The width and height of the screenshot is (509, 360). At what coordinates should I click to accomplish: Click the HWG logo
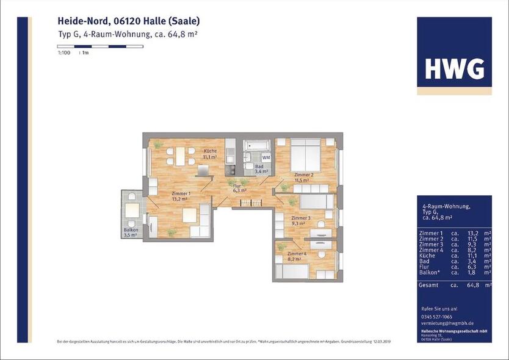454,69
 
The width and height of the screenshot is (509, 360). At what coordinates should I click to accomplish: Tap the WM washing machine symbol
266,157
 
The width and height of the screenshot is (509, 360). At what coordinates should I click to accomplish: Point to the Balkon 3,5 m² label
131,232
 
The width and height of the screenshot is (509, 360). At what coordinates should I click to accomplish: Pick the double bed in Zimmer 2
305,156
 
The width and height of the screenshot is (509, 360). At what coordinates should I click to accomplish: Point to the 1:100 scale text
63,54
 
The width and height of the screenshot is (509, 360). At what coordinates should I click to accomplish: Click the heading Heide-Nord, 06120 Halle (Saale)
125,21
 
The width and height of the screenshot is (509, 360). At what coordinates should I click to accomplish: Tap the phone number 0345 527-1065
438,316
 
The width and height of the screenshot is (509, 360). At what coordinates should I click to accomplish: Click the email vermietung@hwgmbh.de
447,323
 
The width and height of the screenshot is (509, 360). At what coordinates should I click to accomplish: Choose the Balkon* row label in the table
431,272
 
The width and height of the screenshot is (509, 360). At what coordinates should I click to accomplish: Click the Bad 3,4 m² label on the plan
260,169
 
